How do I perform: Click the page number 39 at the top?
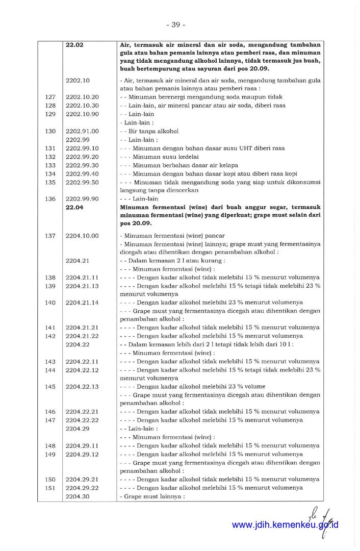tap(175, 24)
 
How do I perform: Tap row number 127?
tap(50, 97)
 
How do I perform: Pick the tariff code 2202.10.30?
tap(82, 106)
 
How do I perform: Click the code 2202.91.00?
tap(82, 131)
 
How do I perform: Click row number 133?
tap(50, 165)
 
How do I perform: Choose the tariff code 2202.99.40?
tap(82, 174)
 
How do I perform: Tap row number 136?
tap(50, 199)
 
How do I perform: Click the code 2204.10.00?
tap(82, 236)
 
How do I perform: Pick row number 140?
tap(50, 303)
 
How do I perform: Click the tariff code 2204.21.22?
tap(82, 336)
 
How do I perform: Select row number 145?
tap(50, 386)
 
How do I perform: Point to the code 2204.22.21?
tap(82, 412)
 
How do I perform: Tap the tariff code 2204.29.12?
tap(82, 454)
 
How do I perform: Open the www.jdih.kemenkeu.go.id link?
tap(285, 525)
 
